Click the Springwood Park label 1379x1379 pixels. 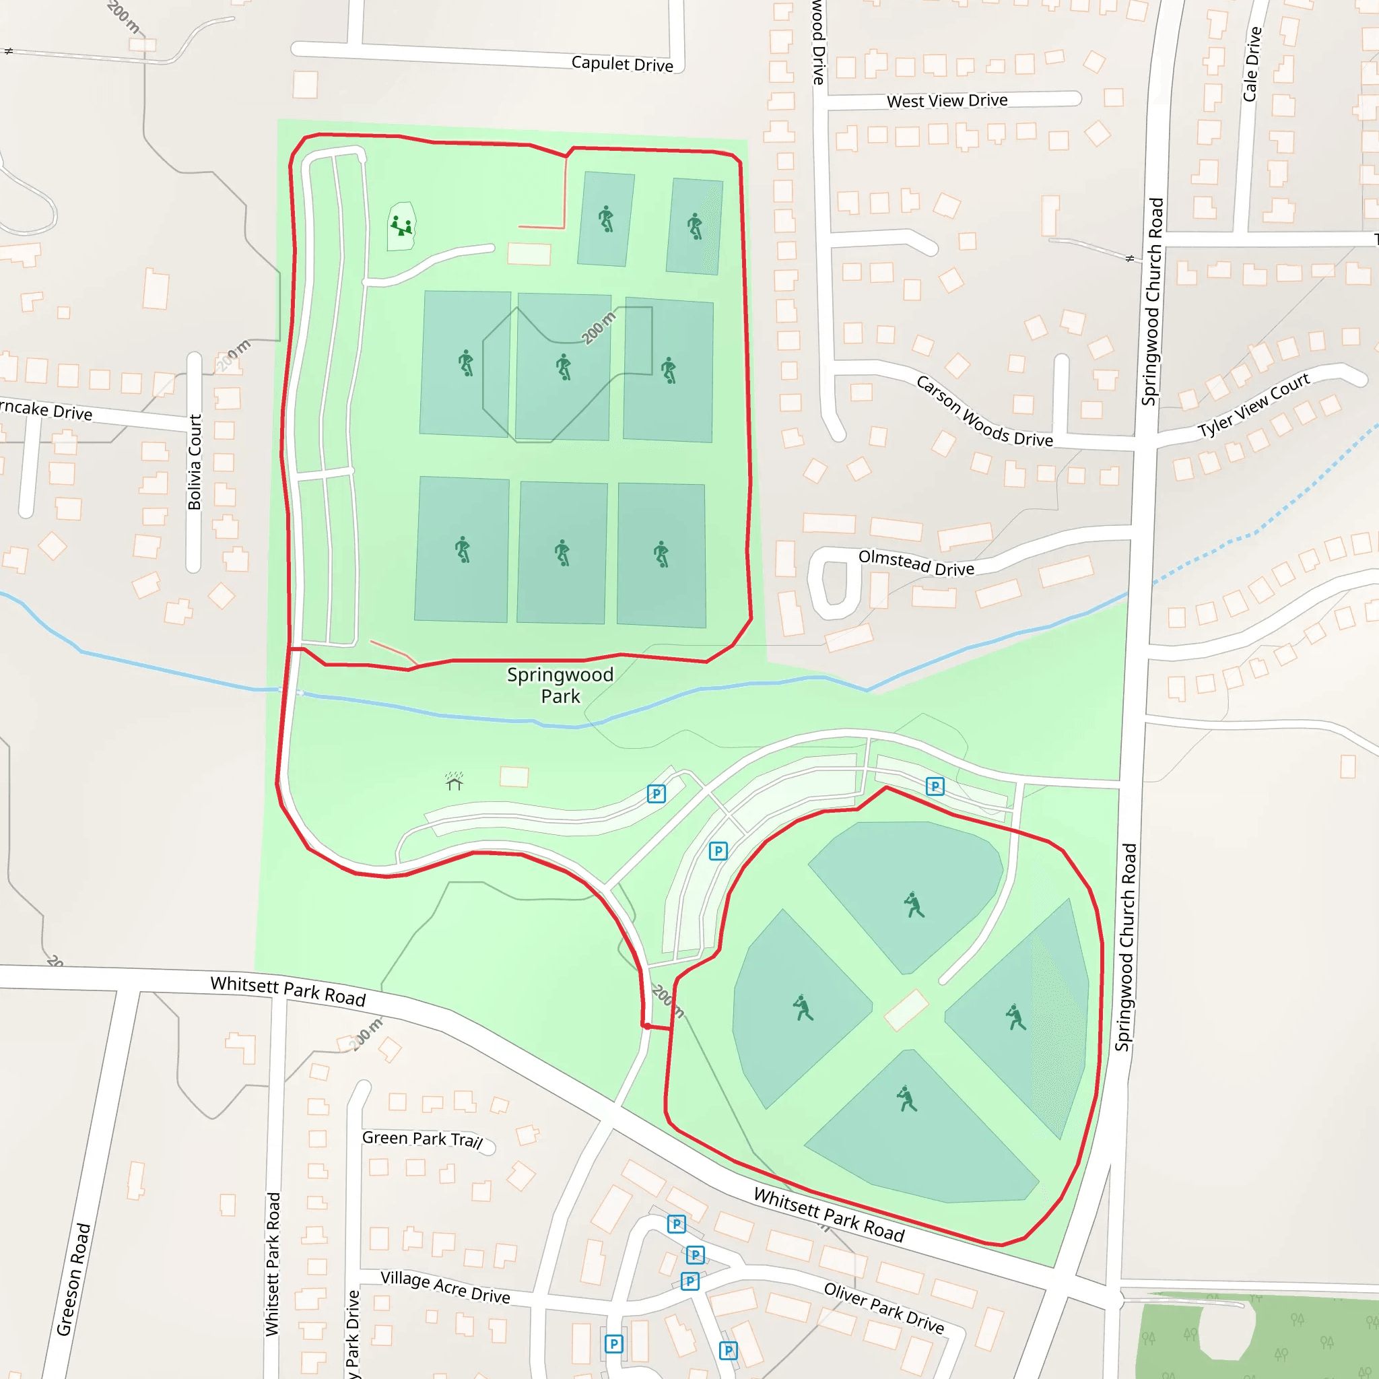pos(560,685)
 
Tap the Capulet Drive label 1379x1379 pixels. pos(621,64)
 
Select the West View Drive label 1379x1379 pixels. pos(947,100)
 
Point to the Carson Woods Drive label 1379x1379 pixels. pos(984,412)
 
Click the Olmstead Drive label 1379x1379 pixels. pos(916,562)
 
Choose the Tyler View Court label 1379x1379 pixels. pos(1253,405)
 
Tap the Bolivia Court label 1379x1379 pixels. pos(194,462)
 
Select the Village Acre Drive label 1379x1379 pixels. pos(445,1287)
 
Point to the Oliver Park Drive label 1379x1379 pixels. pos(883,1308)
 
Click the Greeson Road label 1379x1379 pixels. pos(73,1279)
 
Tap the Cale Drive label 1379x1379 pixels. pos(1252,64)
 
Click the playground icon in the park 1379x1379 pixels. pos(401,226)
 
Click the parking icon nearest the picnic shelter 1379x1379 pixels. pos(656,794)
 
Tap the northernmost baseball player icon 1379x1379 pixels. pos(913,904)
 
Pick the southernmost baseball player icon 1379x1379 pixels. pos(906,1099)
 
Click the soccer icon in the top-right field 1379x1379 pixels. pos(694,226)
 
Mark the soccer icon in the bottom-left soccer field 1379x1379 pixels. pos(463,549)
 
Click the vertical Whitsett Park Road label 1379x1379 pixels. pos(273,1263)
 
